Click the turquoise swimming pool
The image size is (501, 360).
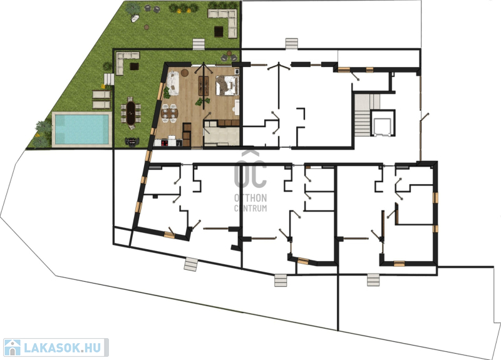click(x=82, y=129)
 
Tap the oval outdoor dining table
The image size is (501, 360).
click(x=130, y=113)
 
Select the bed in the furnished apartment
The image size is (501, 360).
click(x=227, y=85)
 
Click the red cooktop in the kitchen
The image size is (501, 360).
click(x=165, y=143)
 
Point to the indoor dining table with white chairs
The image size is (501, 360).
click(x=169, y=113)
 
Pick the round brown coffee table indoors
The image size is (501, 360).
click(x=185, y=73)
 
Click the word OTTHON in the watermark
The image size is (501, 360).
click(x=250, y=198)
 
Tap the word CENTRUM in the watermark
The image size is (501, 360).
click(x=250, y=208)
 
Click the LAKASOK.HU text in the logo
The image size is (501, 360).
click(x=62, y=347)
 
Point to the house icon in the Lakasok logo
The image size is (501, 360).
click(x=13, y=347)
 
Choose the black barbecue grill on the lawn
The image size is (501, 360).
click(x=132, y=141)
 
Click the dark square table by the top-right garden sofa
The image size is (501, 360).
click(x=219, y=32)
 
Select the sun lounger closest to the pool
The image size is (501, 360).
click(x=101, y=105)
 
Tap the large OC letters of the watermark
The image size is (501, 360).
click(x=250, y=174)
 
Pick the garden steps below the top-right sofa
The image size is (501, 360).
click(x=199, y=44)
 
